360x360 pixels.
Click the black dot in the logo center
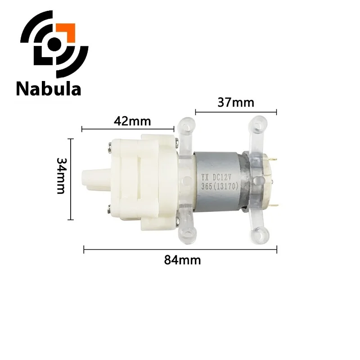54,43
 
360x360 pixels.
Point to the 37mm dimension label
236,103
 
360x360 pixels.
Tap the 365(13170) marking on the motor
220,185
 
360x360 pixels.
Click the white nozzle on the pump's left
92,179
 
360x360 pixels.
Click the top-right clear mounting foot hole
259,122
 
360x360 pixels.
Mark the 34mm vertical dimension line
70,179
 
